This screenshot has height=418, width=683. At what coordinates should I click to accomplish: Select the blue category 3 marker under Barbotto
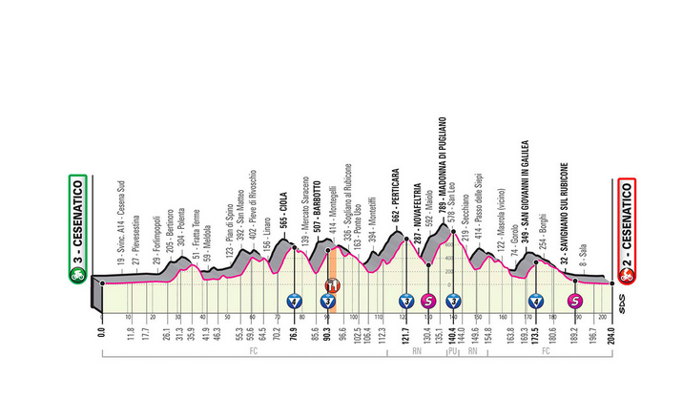(x=327, y=302)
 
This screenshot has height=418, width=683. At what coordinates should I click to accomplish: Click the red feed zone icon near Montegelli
(x=333, y=285)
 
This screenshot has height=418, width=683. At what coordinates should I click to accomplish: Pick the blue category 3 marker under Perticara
(x=407, y=302)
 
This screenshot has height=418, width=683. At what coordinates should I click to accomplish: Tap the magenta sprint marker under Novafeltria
(x=428, y=302)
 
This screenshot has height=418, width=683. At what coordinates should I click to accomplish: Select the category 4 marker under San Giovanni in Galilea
(x=536, y=302)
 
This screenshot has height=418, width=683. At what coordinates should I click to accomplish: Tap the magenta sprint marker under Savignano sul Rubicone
(x=575, y=302)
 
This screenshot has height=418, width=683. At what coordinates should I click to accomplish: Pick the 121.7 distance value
(x=406, y=337)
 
